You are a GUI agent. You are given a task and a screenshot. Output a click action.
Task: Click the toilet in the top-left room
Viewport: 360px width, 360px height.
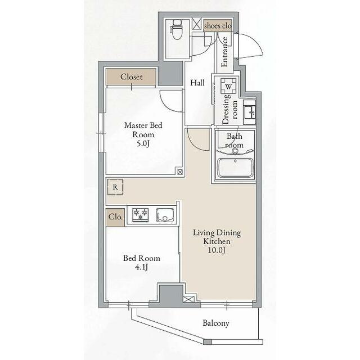[x=176, y=29]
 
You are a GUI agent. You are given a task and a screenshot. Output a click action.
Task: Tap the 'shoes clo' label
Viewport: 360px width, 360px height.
[x=218, y=26]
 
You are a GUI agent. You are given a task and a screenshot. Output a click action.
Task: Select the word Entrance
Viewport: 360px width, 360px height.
[x=224, y=52]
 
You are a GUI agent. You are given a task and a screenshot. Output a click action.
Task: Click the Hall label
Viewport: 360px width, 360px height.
[x=197, y=83]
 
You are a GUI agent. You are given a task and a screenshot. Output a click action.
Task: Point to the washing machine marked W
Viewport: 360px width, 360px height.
[x=228, y=86]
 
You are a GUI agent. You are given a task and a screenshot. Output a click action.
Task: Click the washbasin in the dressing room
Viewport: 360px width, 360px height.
[x=250, y=112]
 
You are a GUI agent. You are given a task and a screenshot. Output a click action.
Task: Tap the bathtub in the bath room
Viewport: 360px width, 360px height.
[x=235, y=168]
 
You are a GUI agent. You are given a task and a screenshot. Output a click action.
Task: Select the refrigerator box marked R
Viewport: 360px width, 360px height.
[x=115, y=187]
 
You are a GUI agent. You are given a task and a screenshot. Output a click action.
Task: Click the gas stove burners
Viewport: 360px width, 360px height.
[x=140, y=215]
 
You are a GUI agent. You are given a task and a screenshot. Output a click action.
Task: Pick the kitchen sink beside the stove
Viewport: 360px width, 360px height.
[x=165, y=215]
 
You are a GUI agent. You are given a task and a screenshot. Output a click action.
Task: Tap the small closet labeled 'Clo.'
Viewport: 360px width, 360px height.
[x=115, y=217]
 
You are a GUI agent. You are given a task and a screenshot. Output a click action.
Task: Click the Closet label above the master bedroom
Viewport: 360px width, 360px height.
[x=131, y=76]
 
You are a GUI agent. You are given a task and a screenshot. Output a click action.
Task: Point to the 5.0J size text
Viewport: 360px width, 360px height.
[x=143, y=144]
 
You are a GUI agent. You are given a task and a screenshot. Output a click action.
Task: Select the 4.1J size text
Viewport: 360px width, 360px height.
[x=141, y=267]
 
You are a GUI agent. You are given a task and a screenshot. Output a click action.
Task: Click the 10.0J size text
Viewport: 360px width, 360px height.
[x=217, y=250]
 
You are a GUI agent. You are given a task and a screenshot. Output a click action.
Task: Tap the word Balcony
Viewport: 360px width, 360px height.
[x=216, y=323]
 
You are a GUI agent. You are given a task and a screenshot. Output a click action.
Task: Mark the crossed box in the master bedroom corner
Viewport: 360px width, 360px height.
[x=180, y=172]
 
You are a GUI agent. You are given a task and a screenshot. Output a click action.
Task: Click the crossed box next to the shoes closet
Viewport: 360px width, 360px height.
[x=197, y=24]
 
